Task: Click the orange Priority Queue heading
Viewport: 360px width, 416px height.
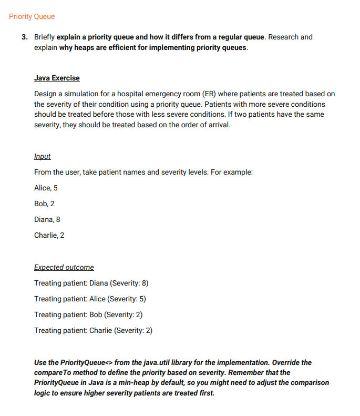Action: [32, 16]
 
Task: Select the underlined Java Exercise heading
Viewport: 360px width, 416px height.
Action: [57, 78]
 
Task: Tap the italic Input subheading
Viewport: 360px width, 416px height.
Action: [42, 157]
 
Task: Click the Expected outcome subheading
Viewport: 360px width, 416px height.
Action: [64, 267]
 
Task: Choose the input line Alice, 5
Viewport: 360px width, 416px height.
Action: [46, 188]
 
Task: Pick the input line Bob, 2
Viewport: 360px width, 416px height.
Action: [44, 204]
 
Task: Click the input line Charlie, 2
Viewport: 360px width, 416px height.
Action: [49, 235]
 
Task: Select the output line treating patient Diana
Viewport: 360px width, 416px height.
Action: [91, 283]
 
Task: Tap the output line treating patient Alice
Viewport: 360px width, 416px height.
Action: [89, 299]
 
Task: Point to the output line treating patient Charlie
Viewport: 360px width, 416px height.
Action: [93, 330]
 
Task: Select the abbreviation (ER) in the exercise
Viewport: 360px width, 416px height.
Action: [208, 94]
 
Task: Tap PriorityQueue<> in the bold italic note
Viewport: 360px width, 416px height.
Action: [86, 362]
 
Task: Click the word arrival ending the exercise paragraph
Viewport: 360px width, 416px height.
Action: [218, 126]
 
